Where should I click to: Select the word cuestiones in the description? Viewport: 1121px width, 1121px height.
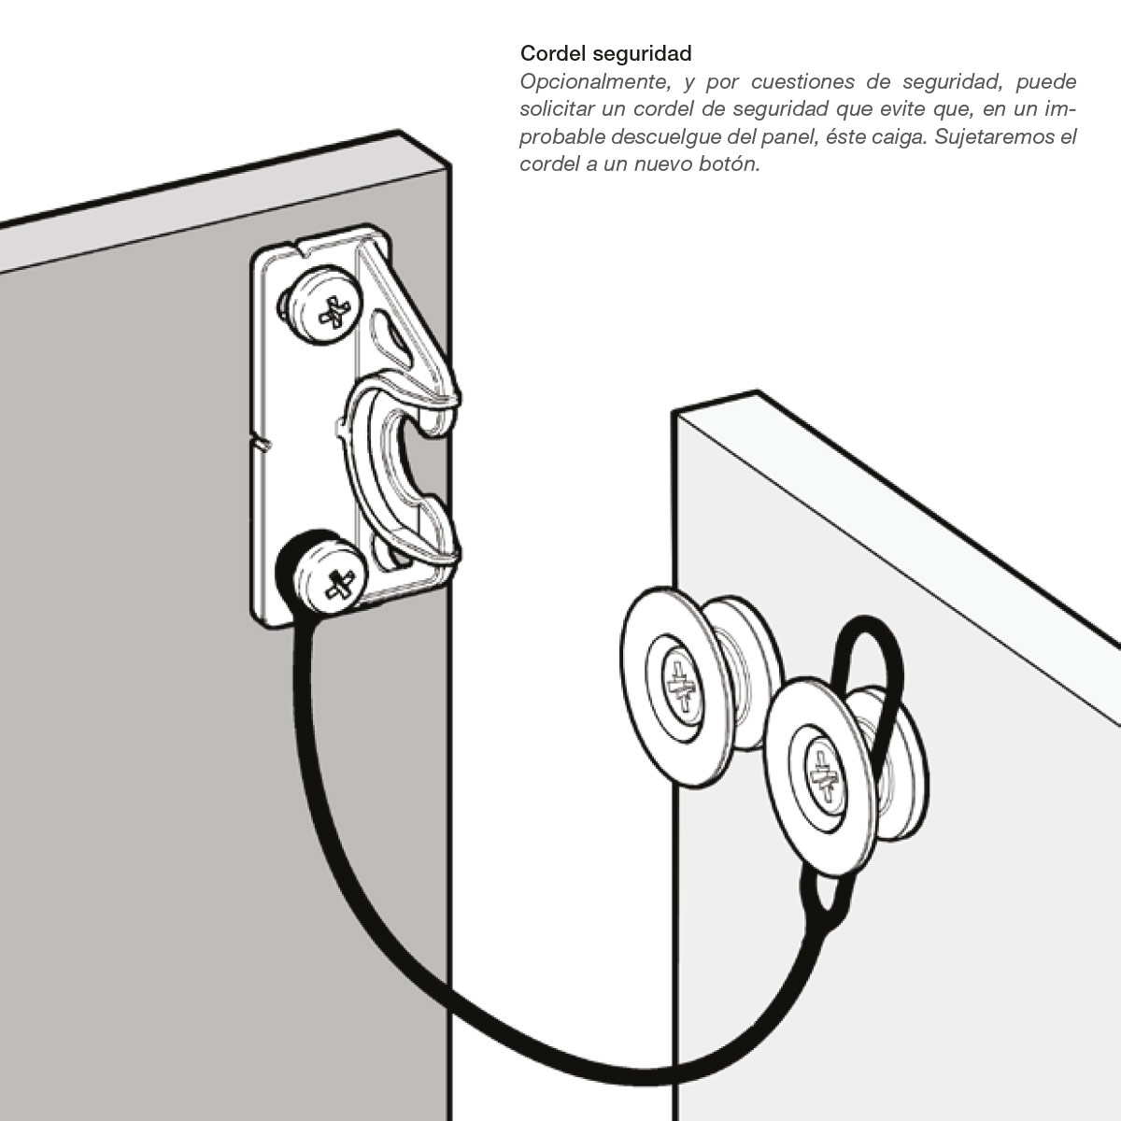coord(802,81)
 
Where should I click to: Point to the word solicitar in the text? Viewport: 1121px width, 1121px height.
coord(558,108)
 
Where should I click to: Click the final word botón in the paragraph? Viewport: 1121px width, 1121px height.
coord(731,164)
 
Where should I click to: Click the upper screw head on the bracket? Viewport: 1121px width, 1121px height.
coord(332,312)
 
